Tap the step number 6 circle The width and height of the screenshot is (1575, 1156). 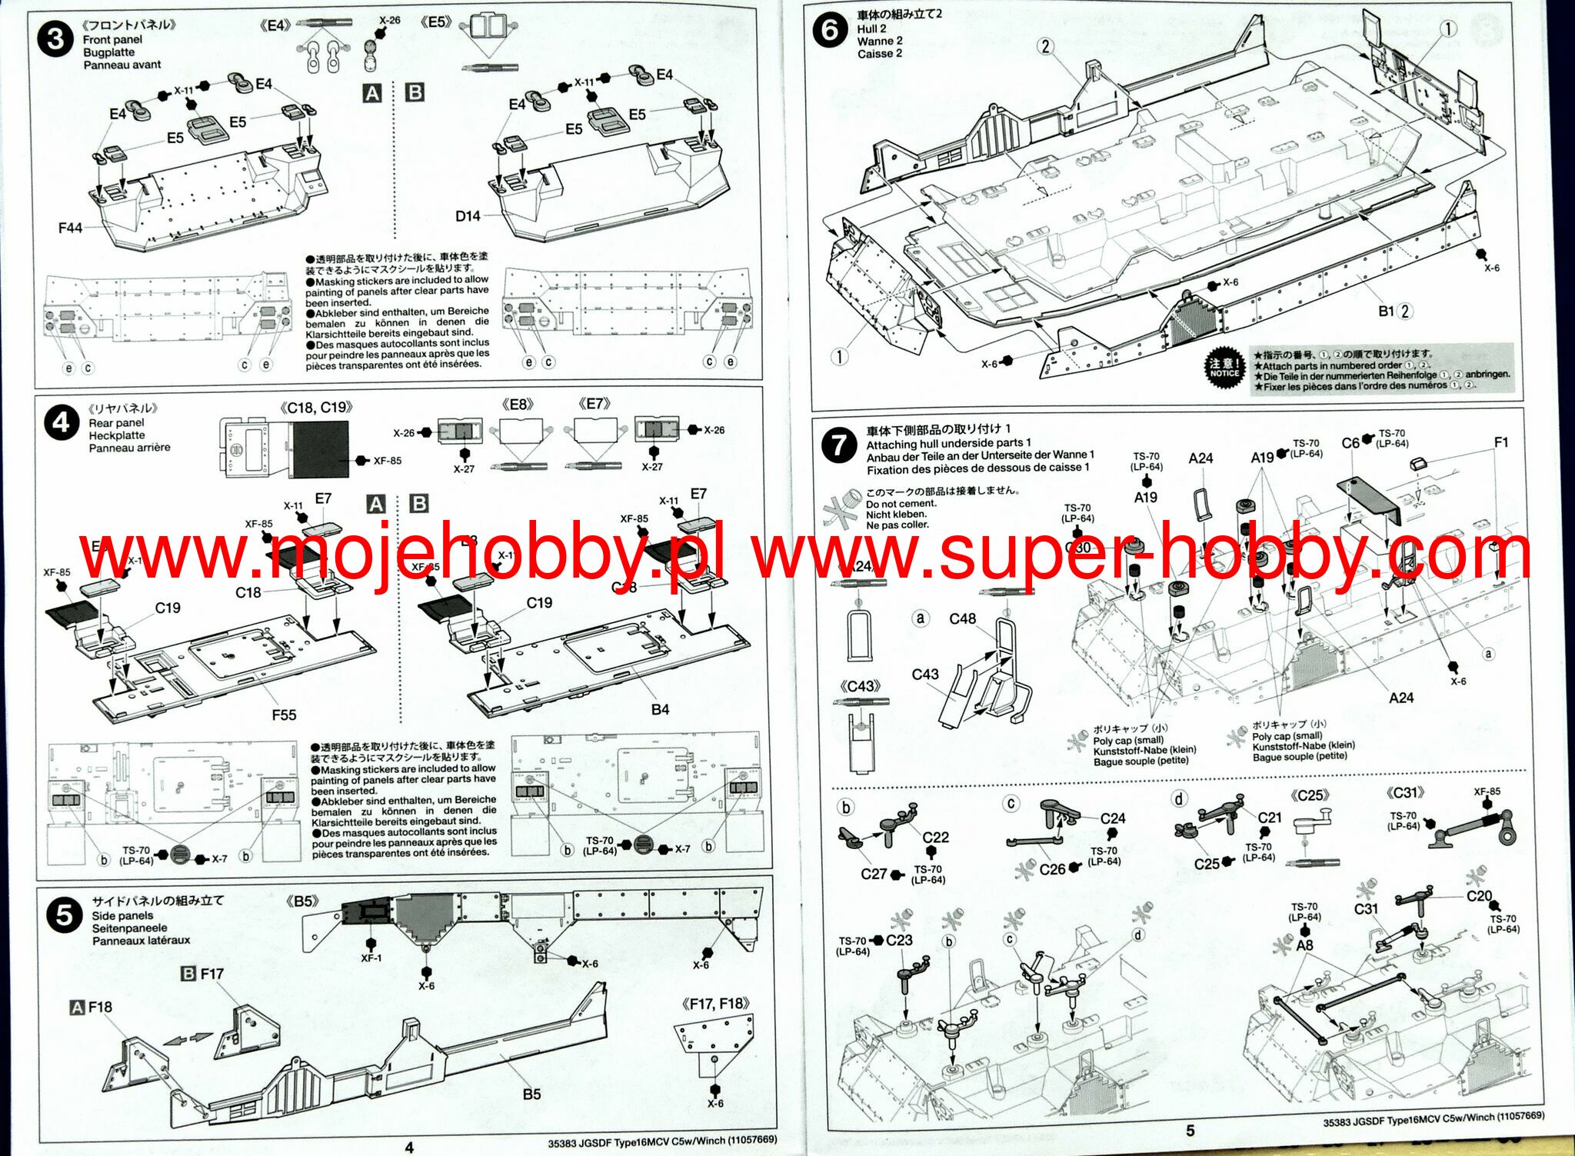[x=830, y=31]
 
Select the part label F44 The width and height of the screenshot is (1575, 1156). [x=70, y=228]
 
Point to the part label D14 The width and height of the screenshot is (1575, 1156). [x=468, y=216]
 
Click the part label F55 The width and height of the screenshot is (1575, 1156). [x=284, y=715]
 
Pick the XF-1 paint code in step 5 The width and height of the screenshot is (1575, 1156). [x=371, y=958]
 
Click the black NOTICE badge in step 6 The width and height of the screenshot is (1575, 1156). [x=1224, y=368]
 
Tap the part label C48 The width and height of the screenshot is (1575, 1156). [x=962, y=618]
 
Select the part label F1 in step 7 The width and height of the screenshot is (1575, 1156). [x=1501, y=442]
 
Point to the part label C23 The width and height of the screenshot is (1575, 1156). [x=899, y=940]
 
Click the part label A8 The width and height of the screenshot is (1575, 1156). [x=1304, y=945]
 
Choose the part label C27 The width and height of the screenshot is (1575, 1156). [x=874, y=874]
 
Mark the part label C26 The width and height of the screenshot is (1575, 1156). [x=1052, y=869]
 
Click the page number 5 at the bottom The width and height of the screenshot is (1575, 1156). [x=1190, y=1130]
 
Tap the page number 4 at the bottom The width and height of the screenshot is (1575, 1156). [x=409, y=1147]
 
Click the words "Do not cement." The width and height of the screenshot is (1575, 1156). [x=901, y=504]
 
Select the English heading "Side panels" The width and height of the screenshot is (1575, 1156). [x=122, y=915]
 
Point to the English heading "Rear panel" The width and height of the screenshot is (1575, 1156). [x=116, y=422]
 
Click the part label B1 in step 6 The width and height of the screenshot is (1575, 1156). [x=1386, y=311]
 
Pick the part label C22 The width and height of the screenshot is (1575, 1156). [x=935, y=837]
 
